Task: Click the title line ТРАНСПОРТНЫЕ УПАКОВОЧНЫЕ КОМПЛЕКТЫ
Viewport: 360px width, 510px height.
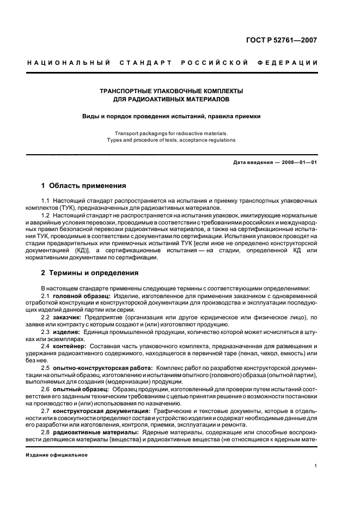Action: pos(171,90)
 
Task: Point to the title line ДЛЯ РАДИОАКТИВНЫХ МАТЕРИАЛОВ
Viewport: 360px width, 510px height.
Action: pos(171,100)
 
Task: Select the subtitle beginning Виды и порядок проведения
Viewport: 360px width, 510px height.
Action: pos(171,116)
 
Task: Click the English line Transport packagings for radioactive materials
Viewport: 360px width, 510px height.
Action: pos(171,133)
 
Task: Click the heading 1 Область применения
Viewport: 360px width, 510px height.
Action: pos(84,186)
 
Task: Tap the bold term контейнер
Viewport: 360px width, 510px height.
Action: pos(70,347)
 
